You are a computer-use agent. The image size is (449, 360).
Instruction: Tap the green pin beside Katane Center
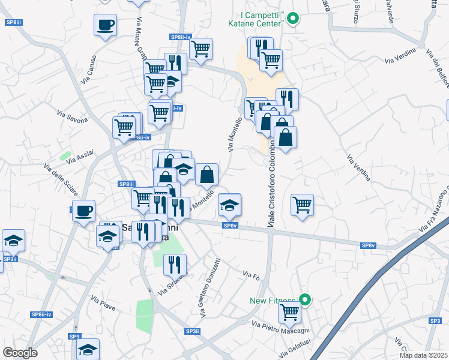(x=292, y=19)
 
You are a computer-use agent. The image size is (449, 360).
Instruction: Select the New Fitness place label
(x=273, y=301)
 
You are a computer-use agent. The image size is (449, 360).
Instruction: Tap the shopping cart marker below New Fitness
(x=290, y=311)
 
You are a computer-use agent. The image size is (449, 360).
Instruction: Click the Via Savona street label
(x=72, y=115)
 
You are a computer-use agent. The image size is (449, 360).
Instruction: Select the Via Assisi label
(x=80, y=157)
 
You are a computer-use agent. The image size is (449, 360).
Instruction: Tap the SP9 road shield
(x=74, y=336)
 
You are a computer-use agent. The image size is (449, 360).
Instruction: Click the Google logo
(x=20, y=352)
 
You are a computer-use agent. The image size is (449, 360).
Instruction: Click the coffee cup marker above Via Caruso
(x=105, y=25)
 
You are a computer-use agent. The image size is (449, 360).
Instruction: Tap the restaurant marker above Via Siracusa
(x=175, y=263)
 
